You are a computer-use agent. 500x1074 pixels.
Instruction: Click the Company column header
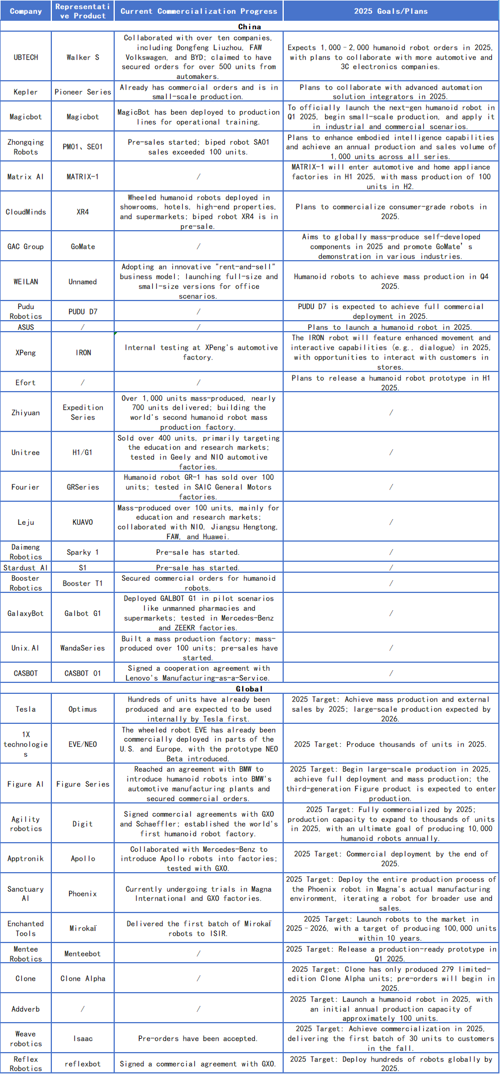(26, 11)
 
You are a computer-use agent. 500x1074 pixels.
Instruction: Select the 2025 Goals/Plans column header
(391, 11)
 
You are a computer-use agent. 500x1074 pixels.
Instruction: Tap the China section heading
(250, 27)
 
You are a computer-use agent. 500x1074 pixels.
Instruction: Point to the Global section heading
(250, 689)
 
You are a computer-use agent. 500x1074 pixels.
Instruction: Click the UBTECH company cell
(26, 57)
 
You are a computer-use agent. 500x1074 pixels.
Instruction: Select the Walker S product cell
(82, 57)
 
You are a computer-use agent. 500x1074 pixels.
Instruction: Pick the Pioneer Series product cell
(82, 92)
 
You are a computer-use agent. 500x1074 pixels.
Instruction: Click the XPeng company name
(26, 352)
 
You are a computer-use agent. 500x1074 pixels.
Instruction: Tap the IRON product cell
(82, 352)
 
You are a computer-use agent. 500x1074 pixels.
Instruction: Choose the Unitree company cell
(26, 452)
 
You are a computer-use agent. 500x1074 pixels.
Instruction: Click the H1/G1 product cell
(82, 452)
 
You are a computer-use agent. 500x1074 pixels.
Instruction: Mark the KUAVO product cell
(82, 522)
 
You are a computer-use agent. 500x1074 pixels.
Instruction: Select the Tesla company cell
(26, 709)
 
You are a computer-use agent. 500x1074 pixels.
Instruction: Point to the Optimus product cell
(82, 709)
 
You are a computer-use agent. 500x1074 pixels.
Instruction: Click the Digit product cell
(82, 824)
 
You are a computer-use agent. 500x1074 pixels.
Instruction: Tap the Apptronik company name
(26, 858)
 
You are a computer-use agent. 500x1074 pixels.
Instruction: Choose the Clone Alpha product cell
(82, 978)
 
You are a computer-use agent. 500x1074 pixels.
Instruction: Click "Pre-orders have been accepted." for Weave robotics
(198, 1038)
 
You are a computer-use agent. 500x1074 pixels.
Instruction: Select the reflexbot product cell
(82, 1064)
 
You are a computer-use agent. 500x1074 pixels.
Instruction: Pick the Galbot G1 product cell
(82, 613)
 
